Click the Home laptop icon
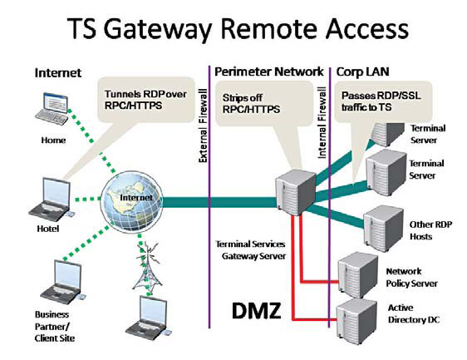52,109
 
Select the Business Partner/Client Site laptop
62,282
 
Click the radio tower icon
148,267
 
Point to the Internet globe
132,202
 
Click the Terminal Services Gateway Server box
296,192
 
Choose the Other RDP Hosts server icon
384,229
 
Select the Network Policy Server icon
358,274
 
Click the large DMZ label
257,311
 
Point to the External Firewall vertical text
203,126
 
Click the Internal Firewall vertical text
322,122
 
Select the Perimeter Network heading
268,72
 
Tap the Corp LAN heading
362,72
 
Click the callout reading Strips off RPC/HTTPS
251,103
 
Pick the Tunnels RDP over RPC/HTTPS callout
145,100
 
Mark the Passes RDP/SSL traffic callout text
381,101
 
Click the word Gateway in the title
158,29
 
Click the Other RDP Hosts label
430,230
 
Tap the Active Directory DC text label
414,313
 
